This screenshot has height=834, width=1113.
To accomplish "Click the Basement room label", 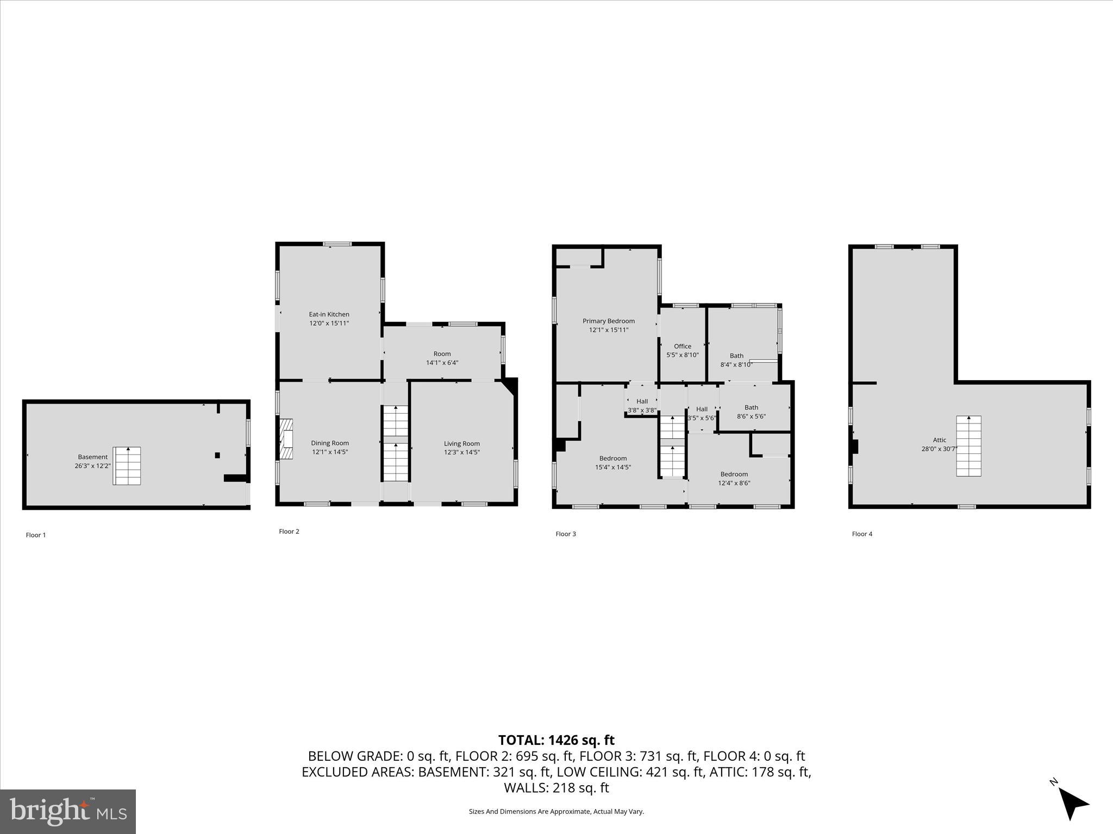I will click(x=92, y=457).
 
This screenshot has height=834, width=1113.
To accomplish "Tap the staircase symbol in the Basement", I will click(x=127, y=466).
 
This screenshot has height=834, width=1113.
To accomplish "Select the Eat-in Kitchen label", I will click(x=329, y=314).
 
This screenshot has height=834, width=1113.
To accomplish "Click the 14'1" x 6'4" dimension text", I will click(x=442, y=363).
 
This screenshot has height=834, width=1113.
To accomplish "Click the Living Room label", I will click(x=461, y=444).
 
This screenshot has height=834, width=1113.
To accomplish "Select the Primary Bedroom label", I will click(x=608, y=321).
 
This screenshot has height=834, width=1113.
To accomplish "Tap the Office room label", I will click(x=682, y=346).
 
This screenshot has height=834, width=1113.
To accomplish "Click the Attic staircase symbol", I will click(x=968, y=446).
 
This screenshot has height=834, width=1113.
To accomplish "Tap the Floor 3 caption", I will click(x=565, y=534).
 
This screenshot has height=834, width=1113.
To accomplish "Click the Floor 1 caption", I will click(x=36, y=535).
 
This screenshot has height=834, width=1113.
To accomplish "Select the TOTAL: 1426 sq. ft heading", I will click(x=556, y=740).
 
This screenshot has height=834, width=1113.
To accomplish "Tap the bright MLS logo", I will click(x=68, y=811).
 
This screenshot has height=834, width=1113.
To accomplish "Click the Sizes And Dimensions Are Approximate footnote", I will click(x=556, y=811).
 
